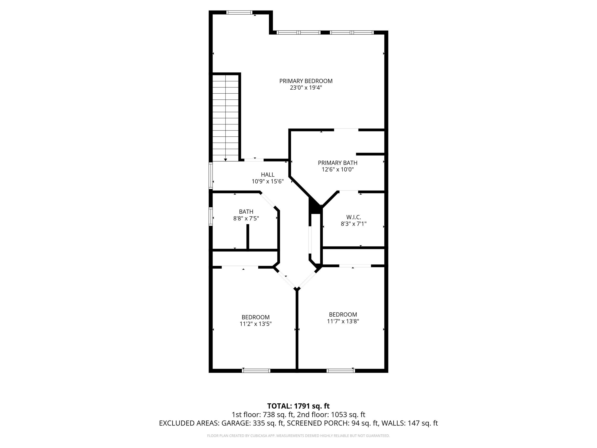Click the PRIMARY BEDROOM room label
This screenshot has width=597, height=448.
(306, 81)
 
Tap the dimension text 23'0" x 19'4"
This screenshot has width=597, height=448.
(306, 88)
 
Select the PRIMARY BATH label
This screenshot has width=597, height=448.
(337, 163)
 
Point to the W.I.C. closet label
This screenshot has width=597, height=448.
(354, 217)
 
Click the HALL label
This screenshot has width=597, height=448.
(267, 175)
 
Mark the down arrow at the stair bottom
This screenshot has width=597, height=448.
(225, 160)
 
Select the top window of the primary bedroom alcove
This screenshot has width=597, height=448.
(239, 12)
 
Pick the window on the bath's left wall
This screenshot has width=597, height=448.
(211, 216)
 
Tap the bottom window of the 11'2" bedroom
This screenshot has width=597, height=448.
(256, 371)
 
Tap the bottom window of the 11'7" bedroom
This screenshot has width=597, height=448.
(341, 371)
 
